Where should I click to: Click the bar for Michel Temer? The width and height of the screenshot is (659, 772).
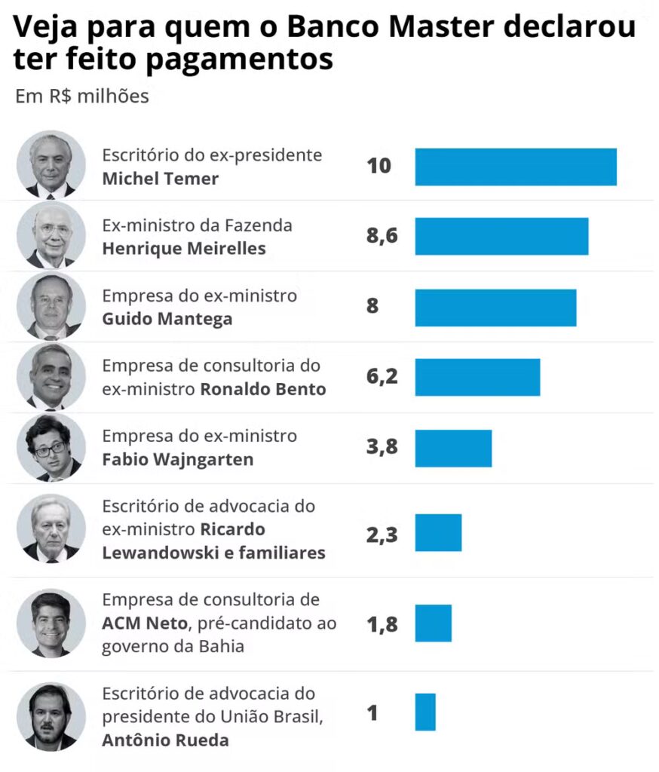pos(516,167)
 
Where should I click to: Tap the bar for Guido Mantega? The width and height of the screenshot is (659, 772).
pos(495,308)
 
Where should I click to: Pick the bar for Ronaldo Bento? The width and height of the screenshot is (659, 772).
pos(477,377)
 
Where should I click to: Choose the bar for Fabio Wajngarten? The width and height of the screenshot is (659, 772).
pos(453,449)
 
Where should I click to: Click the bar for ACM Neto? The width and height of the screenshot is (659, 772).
pos(433,623)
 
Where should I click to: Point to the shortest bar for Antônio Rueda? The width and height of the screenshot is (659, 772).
pos(425,712)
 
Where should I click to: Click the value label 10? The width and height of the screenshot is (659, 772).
pos(379,166)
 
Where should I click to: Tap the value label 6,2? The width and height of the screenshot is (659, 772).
pos(382,377)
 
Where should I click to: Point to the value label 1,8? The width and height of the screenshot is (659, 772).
pos(382,623)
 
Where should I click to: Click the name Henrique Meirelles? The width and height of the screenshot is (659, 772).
pos(184,249)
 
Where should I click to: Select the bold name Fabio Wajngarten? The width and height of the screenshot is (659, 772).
pos(178,459)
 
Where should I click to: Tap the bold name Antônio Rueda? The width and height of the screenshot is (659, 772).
pos(165,740)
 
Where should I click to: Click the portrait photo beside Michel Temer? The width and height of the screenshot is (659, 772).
pos(51,165)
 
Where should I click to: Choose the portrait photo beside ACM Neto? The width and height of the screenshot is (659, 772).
pos(51,623)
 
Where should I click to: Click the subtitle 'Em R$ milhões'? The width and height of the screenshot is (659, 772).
pos(82,97)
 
